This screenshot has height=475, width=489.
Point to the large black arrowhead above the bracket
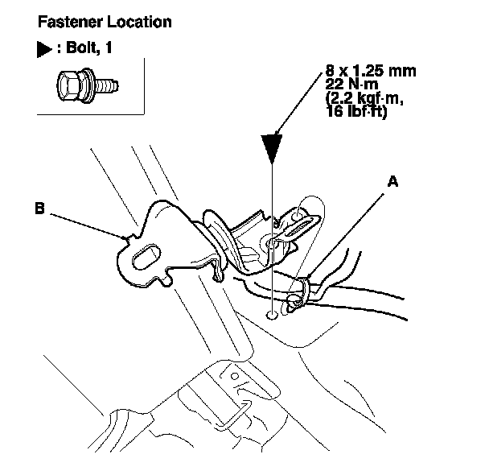tap(274, 152)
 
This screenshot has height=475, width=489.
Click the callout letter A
tap(392, 182)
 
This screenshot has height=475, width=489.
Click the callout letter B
tap(39, 208)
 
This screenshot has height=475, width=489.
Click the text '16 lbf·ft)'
tap(358, 113)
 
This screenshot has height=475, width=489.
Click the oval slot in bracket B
tap(145, 258)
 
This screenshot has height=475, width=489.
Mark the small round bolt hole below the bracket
tap(272, 315)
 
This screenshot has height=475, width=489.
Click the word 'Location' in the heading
tap(138, 22)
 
